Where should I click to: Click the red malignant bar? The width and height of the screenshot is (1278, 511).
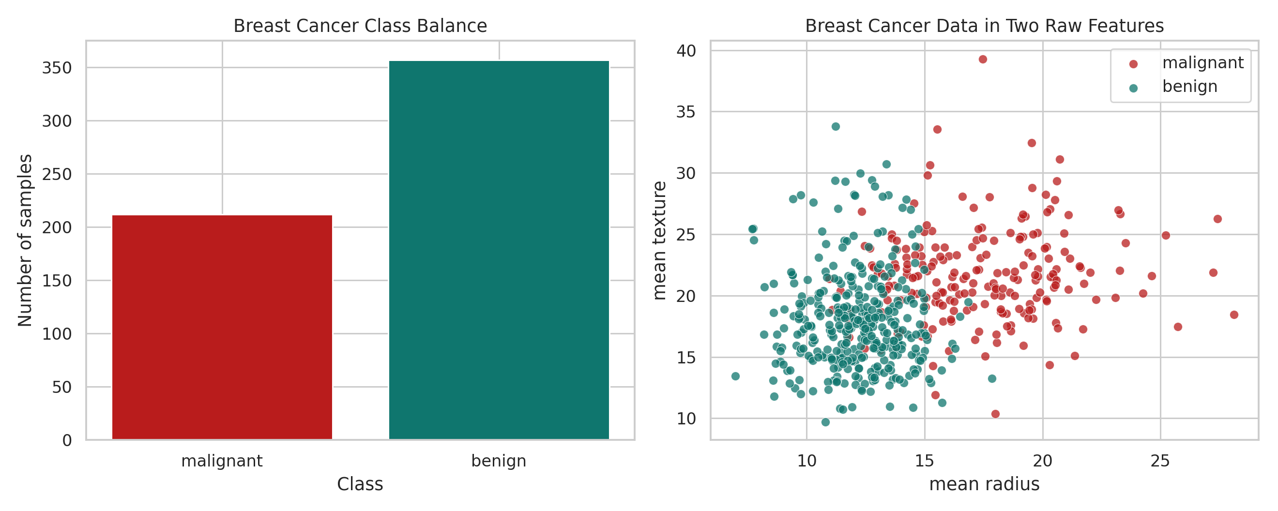pos(222,328)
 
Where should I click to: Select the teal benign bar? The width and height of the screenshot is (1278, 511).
pos(499,250)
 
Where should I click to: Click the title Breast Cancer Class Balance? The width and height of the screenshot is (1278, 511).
pos(360,26)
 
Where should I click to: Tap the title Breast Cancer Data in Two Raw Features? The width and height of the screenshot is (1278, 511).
pos(984,26)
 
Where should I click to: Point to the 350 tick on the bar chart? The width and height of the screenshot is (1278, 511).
pos(57,68)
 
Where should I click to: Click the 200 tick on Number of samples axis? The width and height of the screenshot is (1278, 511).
pos(57,228)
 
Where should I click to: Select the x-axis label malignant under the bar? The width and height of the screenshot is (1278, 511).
pos(222,461)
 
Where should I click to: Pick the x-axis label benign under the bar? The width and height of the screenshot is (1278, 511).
pos(499,461)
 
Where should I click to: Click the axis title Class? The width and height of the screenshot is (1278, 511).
pos(360,484)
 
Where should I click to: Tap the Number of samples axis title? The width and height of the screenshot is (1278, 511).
pos(25,240)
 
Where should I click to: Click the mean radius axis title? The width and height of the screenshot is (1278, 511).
pos(984,484)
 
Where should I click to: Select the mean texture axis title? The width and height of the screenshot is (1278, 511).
pos(659,240)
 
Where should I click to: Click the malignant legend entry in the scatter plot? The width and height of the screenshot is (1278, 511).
pos(1202,63)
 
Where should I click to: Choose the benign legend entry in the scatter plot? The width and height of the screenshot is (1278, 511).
pos(1190,87)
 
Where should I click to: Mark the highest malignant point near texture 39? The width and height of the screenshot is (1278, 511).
pos(982,60)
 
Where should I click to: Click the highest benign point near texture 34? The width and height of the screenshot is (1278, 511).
pos(836,126)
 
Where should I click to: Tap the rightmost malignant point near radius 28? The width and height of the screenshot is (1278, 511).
pos(1234,315)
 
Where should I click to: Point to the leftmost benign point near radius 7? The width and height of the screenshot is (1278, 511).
pos(735,376)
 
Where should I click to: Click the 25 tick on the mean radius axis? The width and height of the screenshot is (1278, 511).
pos(1160,461)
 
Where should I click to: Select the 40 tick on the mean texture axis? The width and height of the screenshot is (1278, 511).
pos(686,51)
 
